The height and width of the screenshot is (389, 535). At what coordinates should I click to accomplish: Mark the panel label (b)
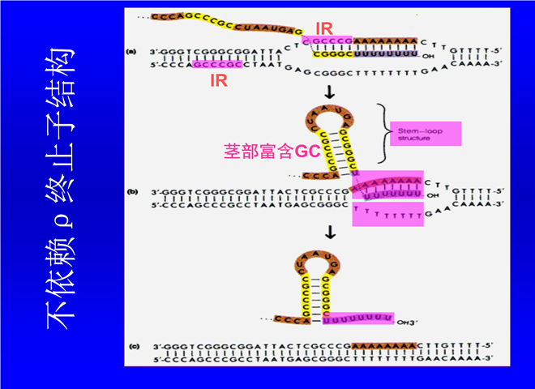[131, 192]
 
